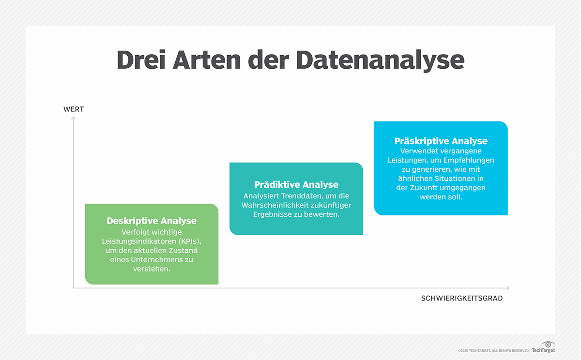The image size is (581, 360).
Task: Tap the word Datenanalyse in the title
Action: [x=380, y=60]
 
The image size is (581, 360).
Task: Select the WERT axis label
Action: [x=74, y=109]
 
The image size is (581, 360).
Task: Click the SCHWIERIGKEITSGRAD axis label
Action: [x=462, y=299]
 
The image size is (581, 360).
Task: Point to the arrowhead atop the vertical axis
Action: [x=74, y=118]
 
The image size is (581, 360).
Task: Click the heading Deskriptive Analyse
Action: [x=152, y=221]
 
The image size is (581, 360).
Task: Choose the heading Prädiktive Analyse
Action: [x=296, y=184]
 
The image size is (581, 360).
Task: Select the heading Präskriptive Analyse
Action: [x=441, y=141]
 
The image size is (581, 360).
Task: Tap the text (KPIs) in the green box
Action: [x=191, y=241]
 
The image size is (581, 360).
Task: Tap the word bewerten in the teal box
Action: [x=322, y=214]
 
